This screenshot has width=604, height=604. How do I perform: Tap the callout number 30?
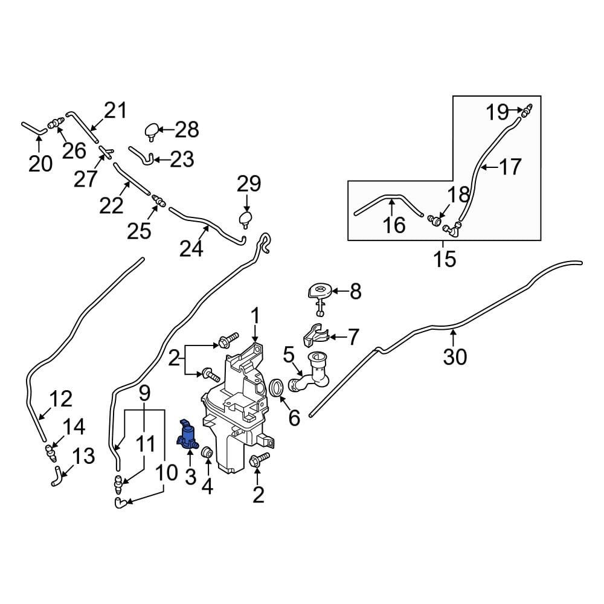point(455,356)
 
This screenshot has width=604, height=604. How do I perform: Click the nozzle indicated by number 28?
point(152,130)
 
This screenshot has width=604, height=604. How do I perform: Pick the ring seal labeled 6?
point(277,387)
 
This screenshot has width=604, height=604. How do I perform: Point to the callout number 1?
point(255,315)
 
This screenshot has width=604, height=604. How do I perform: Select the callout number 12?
point(60,399)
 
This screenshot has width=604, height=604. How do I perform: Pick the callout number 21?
point(115,111)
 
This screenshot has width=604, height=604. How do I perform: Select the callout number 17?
point(510,167)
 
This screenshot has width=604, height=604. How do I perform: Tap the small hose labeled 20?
point(33,127)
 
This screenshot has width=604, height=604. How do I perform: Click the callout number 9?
point(144,394)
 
